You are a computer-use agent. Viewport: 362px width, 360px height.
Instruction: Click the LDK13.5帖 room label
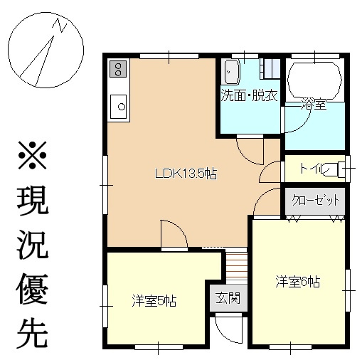click(x=186, y=174)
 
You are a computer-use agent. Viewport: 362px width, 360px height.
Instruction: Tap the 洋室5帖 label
click(x=154, y=301)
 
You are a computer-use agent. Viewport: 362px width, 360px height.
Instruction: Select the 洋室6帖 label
click(x=298, y=282)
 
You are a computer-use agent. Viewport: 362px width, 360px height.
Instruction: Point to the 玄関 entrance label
click(x=228, y=297)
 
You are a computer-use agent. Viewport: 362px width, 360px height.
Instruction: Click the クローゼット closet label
click(x=315, y=201)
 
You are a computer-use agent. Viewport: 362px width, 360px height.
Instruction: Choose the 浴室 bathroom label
click(x=314, y=104)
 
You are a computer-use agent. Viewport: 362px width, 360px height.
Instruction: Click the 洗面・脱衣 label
click(x=250, y=95)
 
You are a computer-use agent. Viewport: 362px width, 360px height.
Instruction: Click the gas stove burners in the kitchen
click(x=118, y=69)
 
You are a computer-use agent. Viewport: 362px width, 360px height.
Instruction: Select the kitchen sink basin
click(x=118, y=107)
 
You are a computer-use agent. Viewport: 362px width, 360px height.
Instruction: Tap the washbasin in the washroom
click(x=231, y=72)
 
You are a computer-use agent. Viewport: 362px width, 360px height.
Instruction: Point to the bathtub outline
click(x=314, y=81)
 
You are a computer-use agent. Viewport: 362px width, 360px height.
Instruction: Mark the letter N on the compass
click(x=60, y=25)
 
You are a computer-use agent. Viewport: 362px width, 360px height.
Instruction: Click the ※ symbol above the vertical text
click(x=32, y=155)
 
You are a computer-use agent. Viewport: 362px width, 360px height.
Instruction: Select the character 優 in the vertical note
click(x=32, y=289)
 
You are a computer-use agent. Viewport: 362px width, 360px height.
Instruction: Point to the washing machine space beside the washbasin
click(x=270, y=68)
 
